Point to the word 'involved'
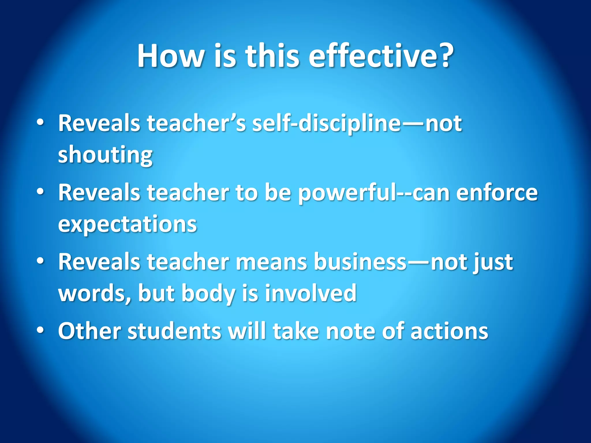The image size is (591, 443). click(x=311, y=293)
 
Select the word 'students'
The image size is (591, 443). click(x=174, y=331)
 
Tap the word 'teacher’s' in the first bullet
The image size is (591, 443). click(x=196, y=123)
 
